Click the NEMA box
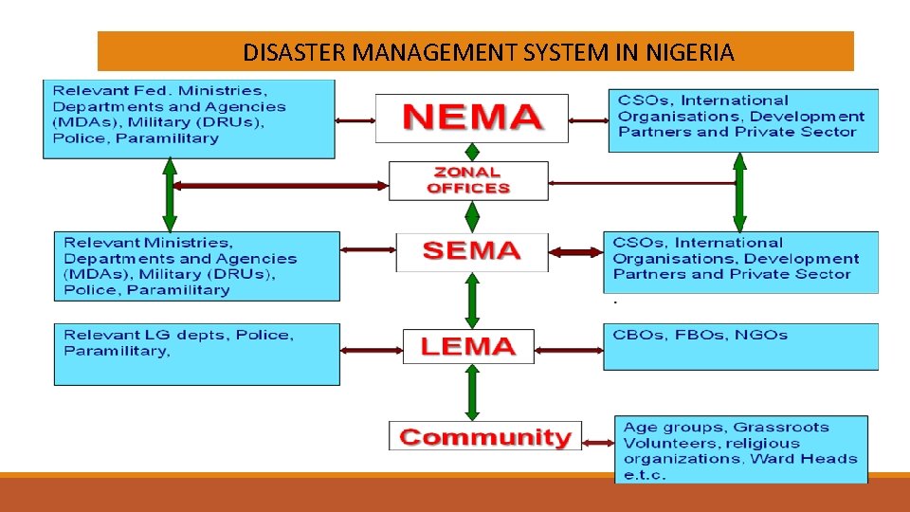click(472, 118)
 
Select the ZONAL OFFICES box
click(468, 180)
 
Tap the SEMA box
click(471, 251)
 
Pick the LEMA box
click(468, 346)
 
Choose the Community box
click(484, 437)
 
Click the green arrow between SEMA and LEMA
click(471, 301)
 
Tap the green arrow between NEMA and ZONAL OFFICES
click(471, 152)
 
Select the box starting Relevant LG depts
click(196, 354)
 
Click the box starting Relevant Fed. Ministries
click(189, 119)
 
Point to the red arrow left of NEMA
click(355, 120)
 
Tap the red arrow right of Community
click(596, 442)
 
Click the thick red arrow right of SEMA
click(576, 252)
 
